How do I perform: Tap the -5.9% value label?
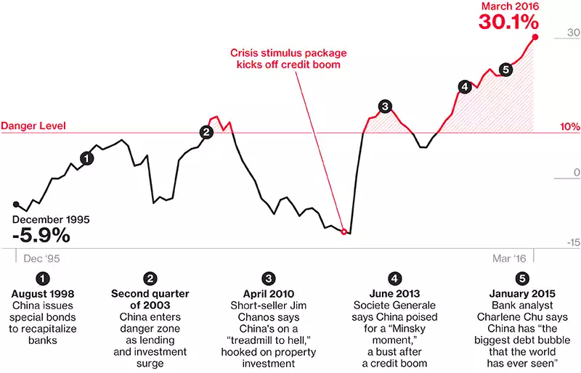pyautogui.click(x=41, y=235)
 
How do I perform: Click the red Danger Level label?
pyautogui.click(x=33, y=126)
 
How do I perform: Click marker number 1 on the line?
pyautogui.click(x=87, y=157)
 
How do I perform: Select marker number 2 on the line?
pyautogui.click(x=207, y=132)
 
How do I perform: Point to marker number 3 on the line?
pyautogui.click(x=385, y=107)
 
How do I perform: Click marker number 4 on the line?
pyautogui.click(x=464, y=87)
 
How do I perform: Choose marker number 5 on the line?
pyautogui.click(x=506, y=70)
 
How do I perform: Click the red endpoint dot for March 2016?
pyautogui.click(x=535, y=37)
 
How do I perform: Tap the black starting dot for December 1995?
pyautogui.click(x=16, y=205)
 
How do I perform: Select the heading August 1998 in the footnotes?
pyautogui.click(x=44, y=294)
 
